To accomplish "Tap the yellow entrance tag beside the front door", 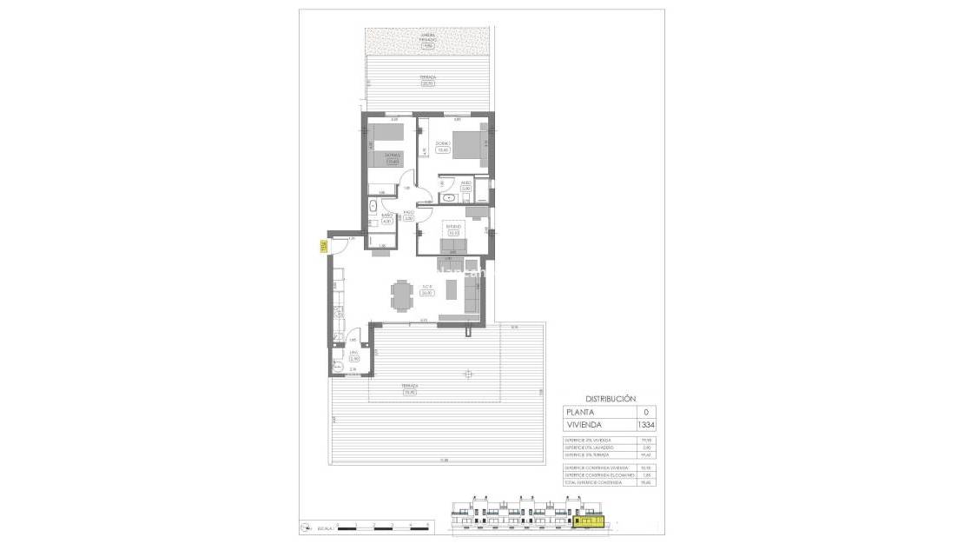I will click(x=322, y=246).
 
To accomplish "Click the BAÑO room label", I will click(x=387, y=215).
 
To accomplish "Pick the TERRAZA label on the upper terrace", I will click(x=426, y=77).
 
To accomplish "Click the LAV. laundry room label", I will click(x=353, y=352).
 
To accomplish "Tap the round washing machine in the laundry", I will click(x=339, y=366).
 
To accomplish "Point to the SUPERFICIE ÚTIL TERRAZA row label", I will click(x=586, y=453).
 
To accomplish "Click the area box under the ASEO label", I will click(x=466, y=189).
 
